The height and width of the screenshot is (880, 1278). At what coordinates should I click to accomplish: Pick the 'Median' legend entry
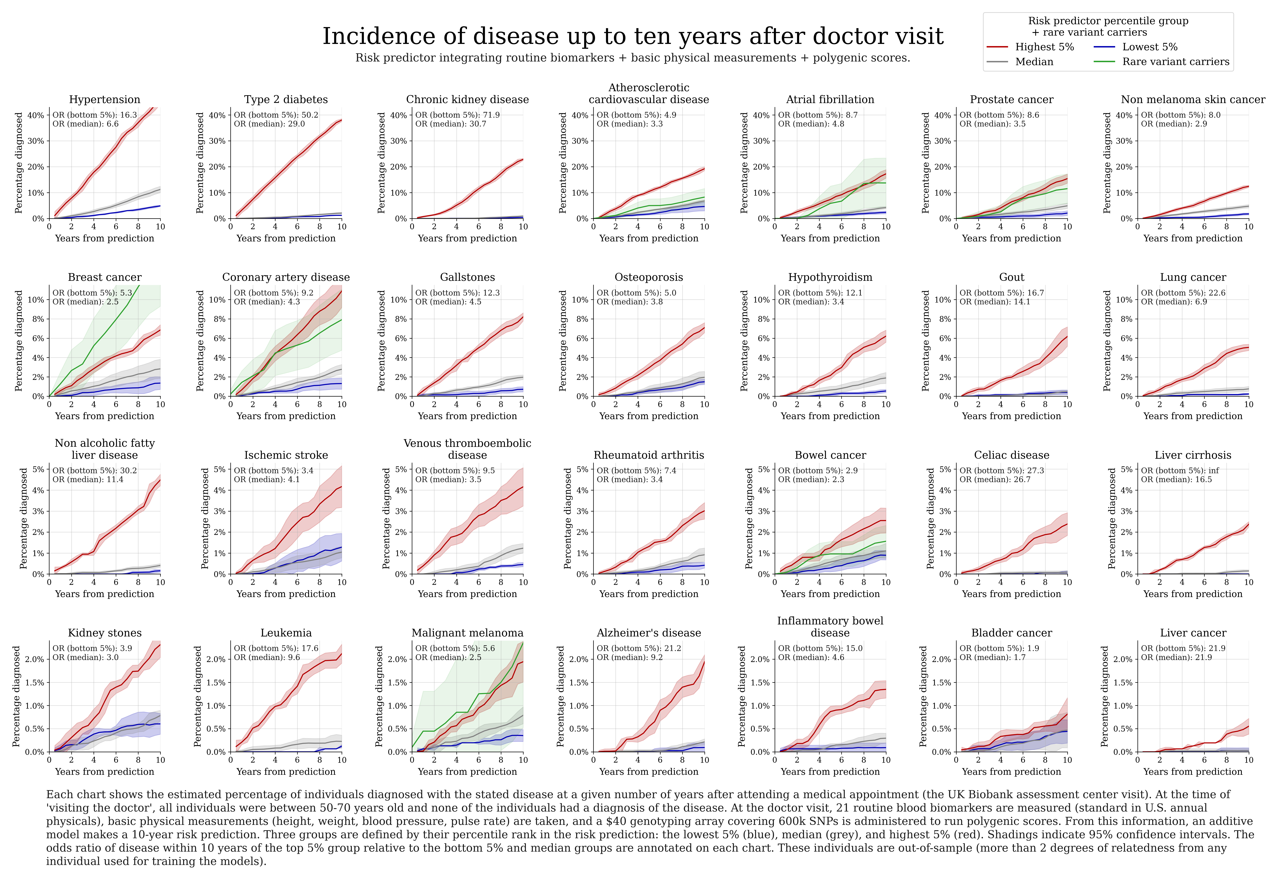click(1034, 62)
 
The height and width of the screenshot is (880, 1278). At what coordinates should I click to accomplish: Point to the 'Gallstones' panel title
click(467, 277)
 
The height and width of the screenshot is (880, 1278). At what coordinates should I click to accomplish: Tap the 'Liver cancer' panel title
click(1192, 633)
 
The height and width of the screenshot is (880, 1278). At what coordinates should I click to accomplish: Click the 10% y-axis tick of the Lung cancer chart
click(1124, 300)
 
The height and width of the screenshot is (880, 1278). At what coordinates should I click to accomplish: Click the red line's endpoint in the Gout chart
click(1067, 336)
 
